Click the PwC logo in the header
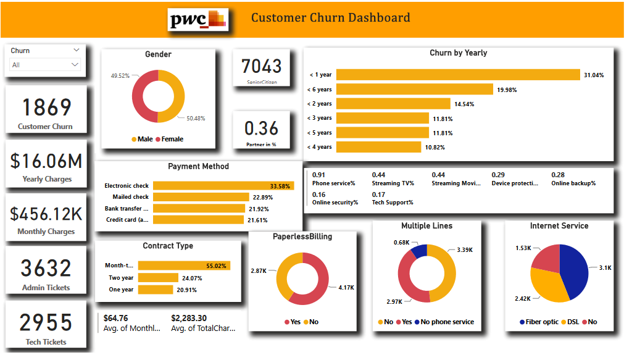[198, 20]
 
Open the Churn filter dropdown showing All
[46, 65]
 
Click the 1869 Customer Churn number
[46, 107]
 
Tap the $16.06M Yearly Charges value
[46, 161]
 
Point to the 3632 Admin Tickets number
[46, 269]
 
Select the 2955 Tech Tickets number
[46, 323]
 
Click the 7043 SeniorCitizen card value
[261, 66]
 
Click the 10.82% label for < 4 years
[434, 148]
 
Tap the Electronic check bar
[223, 186]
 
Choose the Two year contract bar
[158, 278]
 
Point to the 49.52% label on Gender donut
[120, 76]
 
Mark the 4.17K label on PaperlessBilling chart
[346, 288]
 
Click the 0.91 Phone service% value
[318, 175]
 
